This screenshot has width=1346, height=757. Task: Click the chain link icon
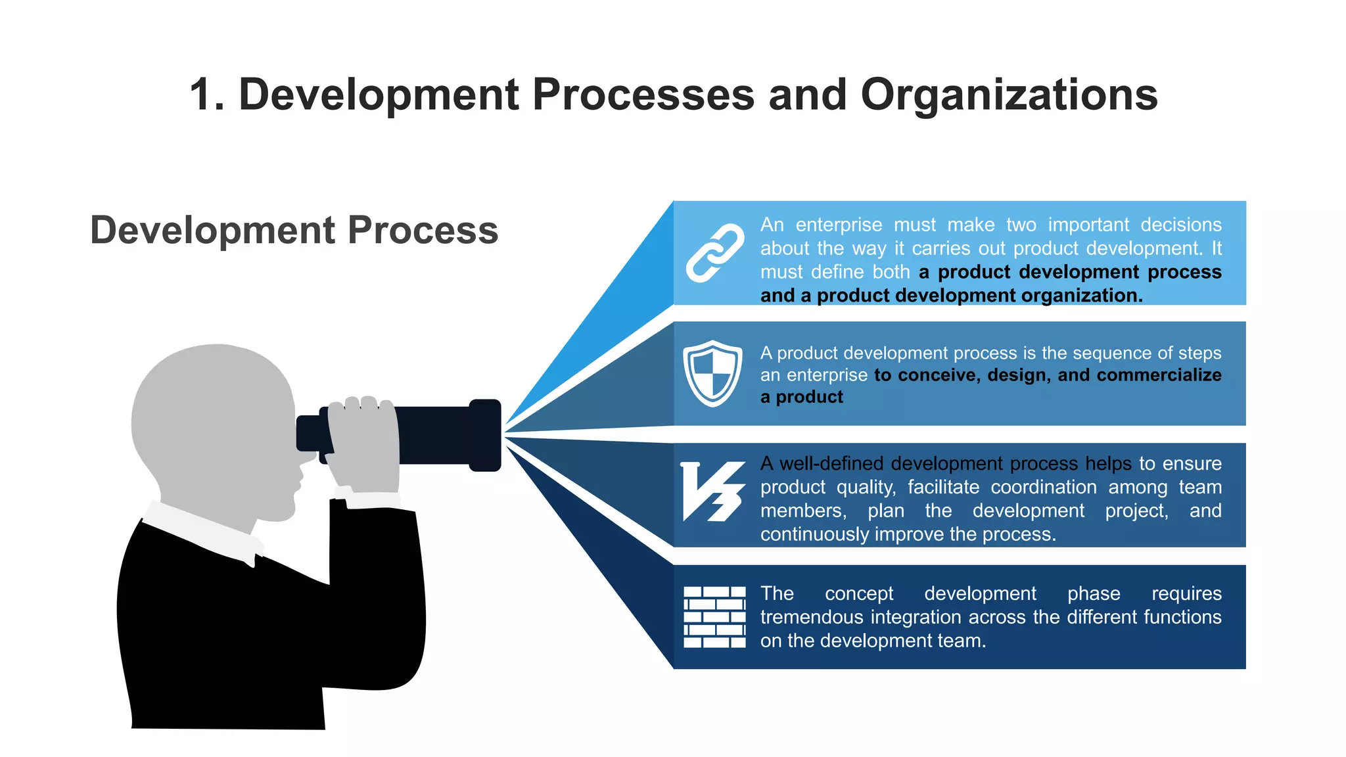pos(715,253)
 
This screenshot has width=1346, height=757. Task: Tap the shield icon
pos(712,373)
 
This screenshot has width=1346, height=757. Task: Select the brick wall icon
pos(714,617)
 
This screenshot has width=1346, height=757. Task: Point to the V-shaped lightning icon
pos(712,492)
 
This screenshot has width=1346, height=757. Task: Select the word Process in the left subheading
pos(423,231)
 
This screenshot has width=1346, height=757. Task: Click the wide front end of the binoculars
pos(485,435)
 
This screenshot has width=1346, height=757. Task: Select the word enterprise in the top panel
pos(839,225)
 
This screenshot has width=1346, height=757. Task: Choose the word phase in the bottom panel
pos(1094,594)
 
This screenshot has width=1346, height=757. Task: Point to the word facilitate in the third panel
pos(943,488)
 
